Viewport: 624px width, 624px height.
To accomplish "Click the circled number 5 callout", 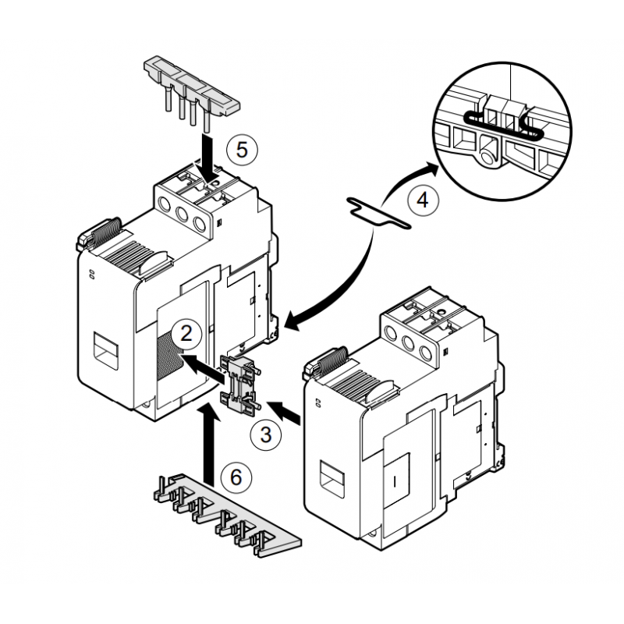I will point(242,148).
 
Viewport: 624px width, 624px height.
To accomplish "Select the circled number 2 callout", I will point(186,334).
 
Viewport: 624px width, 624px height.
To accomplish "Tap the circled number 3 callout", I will point(265,434).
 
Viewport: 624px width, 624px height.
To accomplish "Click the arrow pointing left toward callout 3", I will point(284,413).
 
